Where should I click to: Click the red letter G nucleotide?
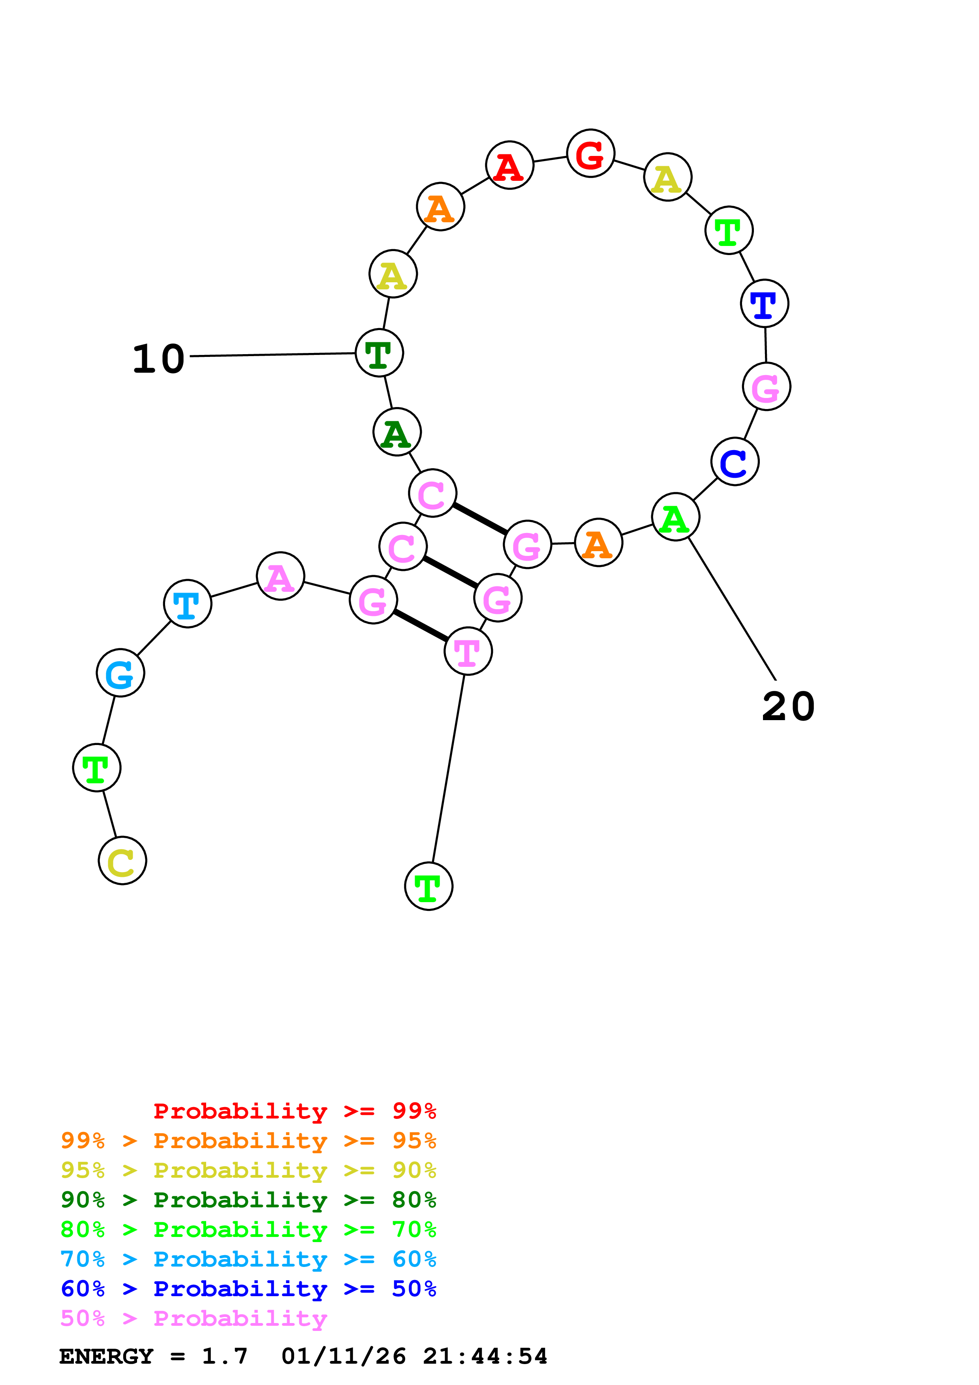590,154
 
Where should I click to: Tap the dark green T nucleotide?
379,353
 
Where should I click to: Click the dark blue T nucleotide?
764,304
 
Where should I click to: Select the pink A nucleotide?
280,577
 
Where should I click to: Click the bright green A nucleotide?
675,518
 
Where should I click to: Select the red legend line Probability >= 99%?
294,1111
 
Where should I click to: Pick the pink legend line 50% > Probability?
194,1318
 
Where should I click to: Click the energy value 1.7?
224,1356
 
